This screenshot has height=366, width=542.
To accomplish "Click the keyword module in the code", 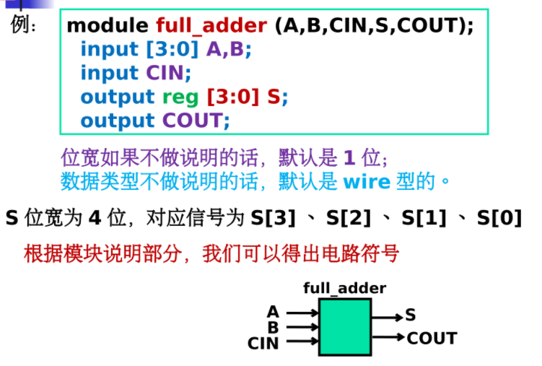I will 108,27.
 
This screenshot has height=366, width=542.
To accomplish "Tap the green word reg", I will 180,97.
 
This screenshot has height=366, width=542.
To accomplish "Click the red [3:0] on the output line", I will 233,97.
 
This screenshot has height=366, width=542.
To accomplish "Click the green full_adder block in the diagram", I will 345,326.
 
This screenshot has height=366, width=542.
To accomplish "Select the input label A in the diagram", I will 273,312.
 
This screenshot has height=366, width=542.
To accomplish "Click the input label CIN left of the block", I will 263,343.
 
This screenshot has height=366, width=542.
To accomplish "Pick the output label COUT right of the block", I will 432,338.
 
